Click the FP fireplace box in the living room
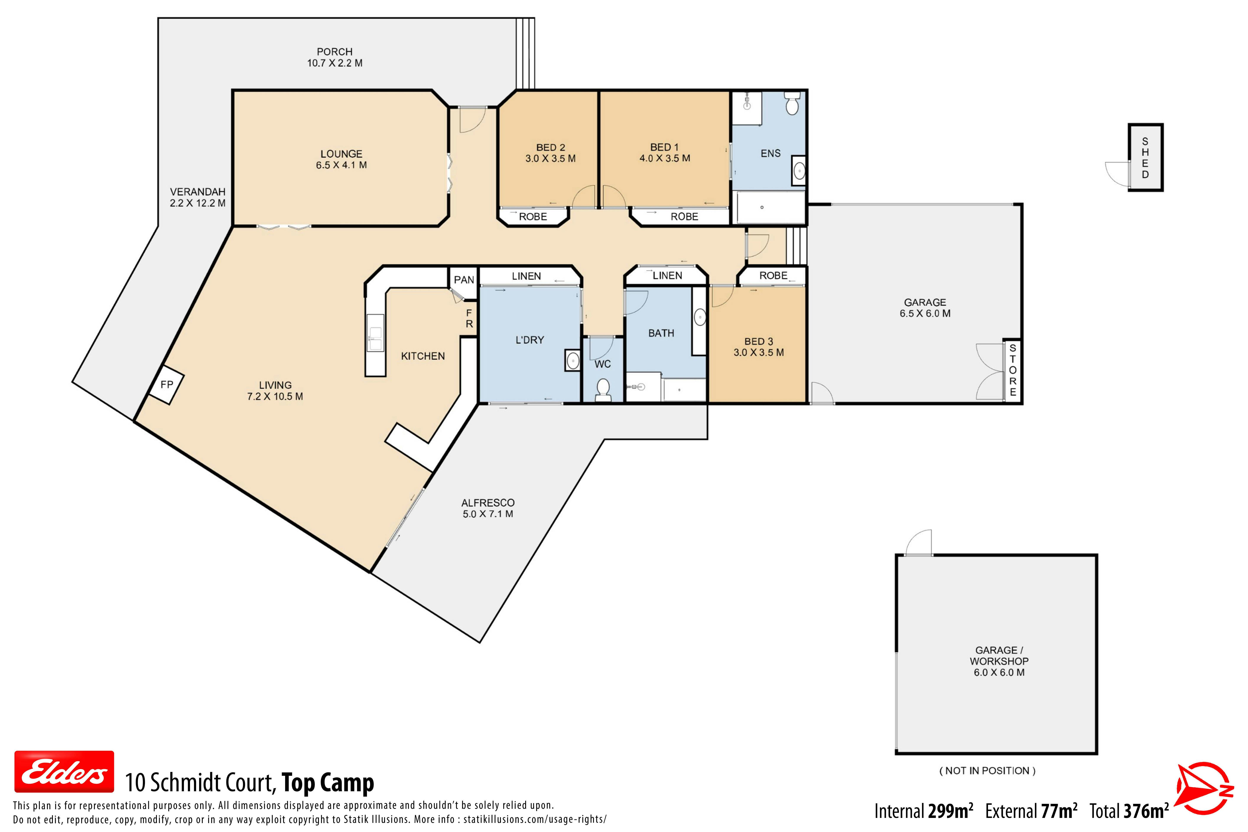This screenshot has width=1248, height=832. [x=166, y=385]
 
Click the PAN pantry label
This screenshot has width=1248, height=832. [x=464, y=280]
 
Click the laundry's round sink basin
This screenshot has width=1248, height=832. [x=573, y=361]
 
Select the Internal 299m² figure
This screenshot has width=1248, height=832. [x=924, y=811]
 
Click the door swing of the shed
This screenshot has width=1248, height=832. [x=1117, y=174]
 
